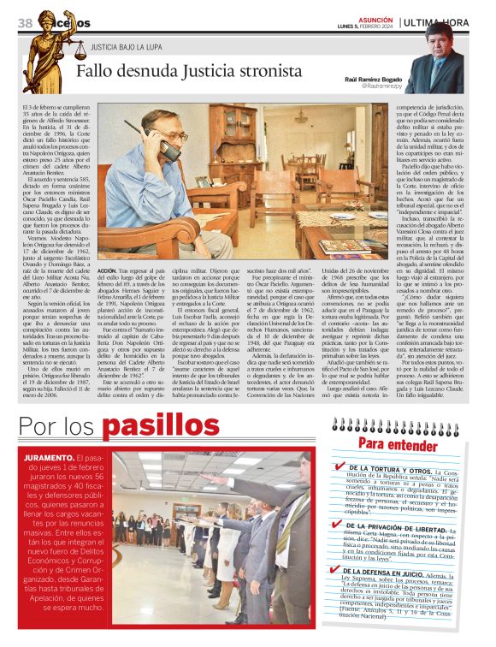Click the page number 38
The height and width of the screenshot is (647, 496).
(24, 22)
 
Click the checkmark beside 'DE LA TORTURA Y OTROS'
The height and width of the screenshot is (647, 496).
(340, 468)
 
